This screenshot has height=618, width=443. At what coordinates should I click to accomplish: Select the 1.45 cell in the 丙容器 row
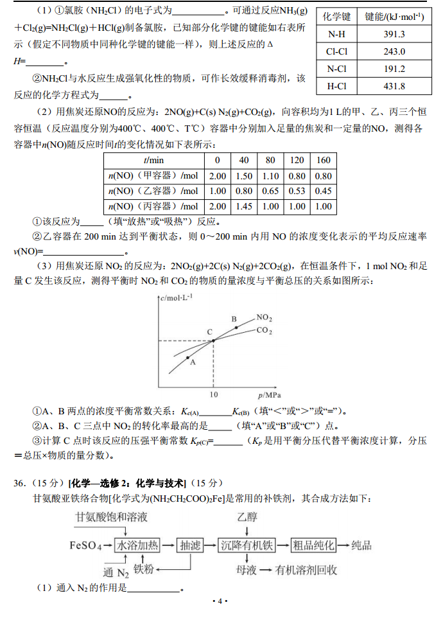click(x=244, y=206)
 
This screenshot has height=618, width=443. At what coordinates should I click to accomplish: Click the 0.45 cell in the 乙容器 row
click(x=323, y=191)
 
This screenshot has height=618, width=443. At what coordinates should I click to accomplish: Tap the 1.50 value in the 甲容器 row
click(x=244, y=175)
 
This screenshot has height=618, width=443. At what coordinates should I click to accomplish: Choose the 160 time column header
click(x=323, y=159)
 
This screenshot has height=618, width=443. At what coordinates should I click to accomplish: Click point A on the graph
click(x=187, y=357)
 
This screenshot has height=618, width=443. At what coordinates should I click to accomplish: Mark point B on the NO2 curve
click(x=236, y=327)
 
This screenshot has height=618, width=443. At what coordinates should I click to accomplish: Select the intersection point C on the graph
click(x=213, y=340)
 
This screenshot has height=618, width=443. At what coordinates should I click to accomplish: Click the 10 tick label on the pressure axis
click(x=213, y=394)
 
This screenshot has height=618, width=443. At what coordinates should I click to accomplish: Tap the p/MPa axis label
click(x=270, y=394)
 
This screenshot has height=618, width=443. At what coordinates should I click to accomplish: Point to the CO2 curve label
click(x=264, y=331)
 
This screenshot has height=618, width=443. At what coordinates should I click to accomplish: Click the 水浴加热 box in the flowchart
click(x=137, y=545)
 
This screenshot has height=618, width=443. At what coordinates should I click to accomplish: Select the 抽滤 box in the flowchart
click(x=190, y=545)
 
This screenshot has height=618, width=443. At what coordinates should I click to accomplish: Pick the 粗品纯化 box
click(x=314, y=545)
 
